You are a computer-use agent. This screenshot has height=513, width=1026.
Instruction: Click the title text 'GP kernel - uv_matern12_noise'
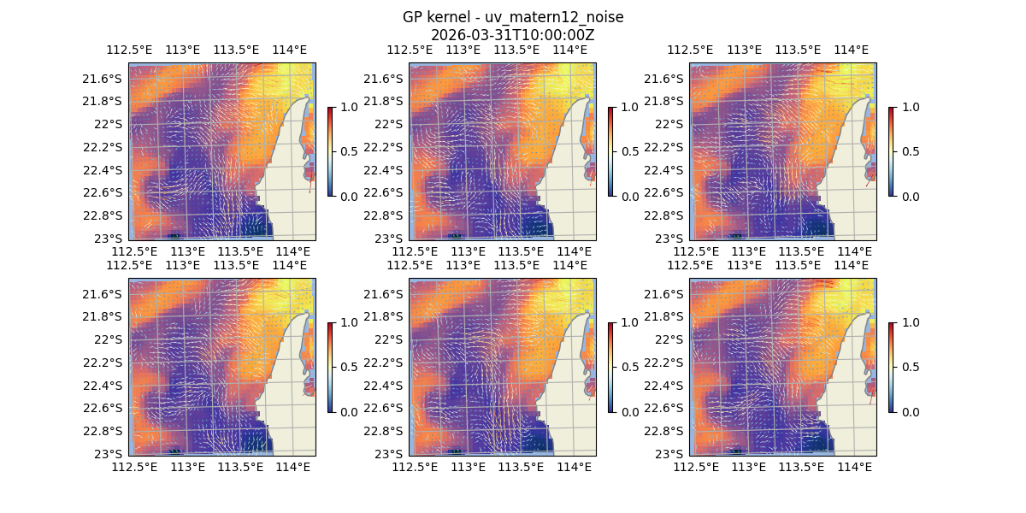(x=513, y=17)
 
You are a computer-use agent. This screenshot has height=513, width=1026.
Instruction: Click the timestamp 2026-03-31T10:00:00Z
(x=513, y=35)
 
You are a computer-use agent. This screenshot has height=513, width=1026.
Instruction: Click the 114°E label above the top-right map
(x=851, y=50)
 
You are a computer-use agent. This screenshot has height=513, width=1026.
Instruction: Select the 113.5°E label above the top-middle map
(x=516, y=50)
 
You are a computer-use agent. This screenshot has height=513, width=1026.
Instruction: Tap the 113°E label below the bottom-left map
(x=187, y=467)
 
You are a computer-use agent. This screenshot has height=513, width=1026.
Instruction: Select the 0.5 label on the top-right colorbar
(x=910, y=151)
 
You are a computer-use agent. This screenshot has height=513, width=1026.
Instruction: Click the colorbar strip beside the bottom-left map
(x=331, y=367)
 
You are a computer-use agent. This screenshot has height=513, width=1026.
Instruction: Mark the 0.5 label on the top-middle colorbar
(x=629, y=151)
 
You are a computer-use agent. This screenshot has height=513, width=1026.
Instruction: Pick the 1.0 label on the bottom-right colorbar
(x=910, y=322)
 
